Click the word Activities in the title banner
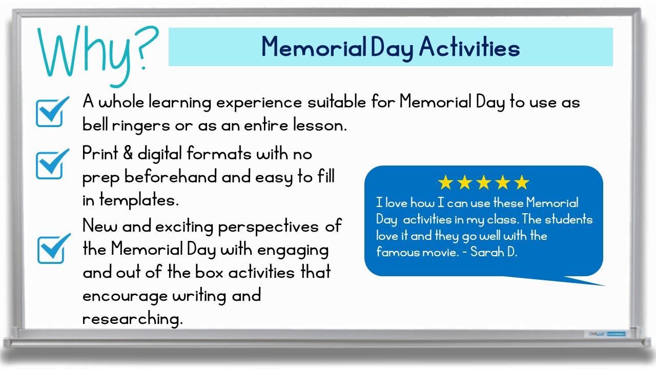coord(469,47)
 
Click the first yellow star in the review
coord(446,182)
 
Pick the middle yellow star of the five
coord(483,182)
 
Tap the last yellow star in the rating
coord(521,182)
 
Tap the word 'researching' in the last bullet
coord(132,319)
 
